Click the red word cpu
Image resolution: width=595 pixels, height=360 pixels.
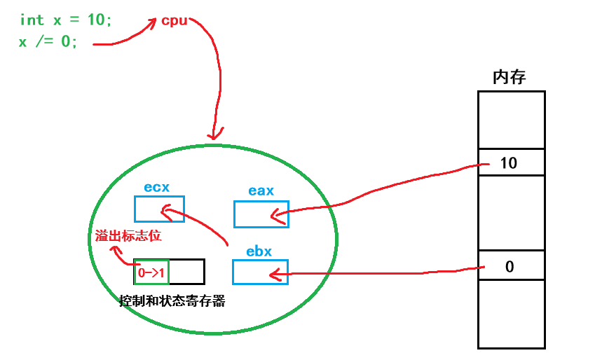[x=175, y=20]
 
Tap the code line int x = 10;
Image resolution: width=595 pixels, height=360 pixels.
[x=66, y=20]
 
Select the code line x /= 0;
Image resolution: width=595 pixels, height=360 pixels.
[x=48, y=41]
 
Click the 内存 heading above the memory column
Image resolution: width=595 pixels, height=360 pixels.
[x=509, y=77]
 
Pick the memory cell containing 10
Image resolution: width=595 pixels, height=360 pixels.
[x=511, y=162]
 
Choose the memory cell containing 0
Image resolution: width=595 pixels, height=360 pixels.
[x=511, y=266]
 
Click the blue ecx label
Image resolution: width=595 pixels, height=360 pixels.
[x=157, y=187]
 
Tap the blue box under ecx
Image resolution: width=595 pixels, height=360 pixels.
[x=159, y=209]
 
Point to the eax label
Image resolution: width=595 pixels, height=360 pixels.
[x=261, y=191]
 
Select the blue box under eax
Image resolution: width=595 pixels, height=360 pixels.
[x=261, y=214]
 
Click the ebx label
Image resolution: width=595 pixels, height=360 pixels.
[x=259, y=250]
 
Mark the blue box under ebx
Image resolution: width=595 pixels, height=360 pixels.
[x=260, y=272]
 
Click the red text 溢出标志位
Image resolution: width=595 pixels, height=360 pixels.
[x=128, y=236]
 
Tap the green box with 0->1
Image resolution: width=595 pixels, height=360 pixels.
[x=151, y=272]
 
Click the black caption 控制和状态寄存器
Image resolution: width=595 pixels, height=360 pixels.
[x=172, y=302]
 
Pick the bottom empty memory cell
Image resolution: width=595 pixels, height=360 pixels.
[x=511, y=313]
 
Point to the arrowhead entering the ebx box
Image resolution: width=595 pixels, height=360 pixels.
[x=275, y=272]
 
